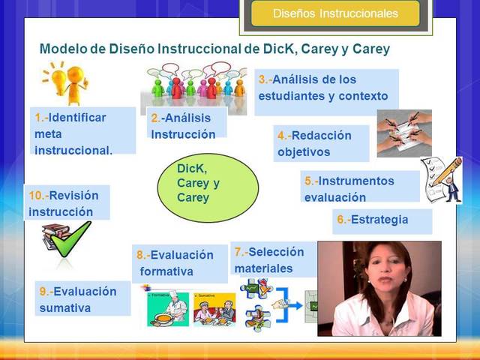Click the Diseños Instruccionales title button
click(x=335, y=13)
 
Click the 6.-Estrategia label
click(x=382, y=220)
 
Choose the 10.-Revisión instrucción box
click(x=67, y=203)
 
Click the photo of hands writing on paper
click(x=403, y=132)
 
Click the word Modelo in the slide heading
click(x=61, y=49)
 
